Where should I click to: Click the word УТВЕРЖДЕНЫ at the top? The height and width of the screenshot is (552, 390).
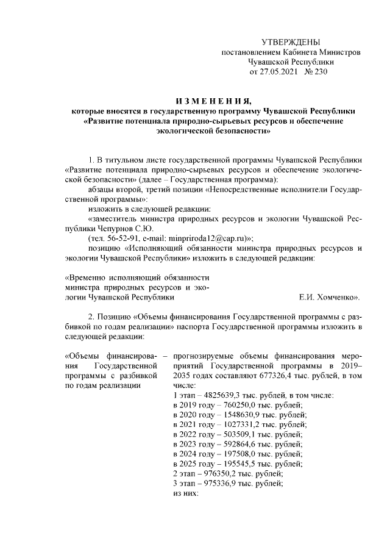click(290, 42)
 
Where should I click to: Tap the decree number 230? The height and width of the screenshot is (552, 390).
click(321, 72)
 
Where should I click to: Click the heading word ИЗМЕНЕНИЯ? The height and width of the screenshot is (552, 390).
click(213, 101)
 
